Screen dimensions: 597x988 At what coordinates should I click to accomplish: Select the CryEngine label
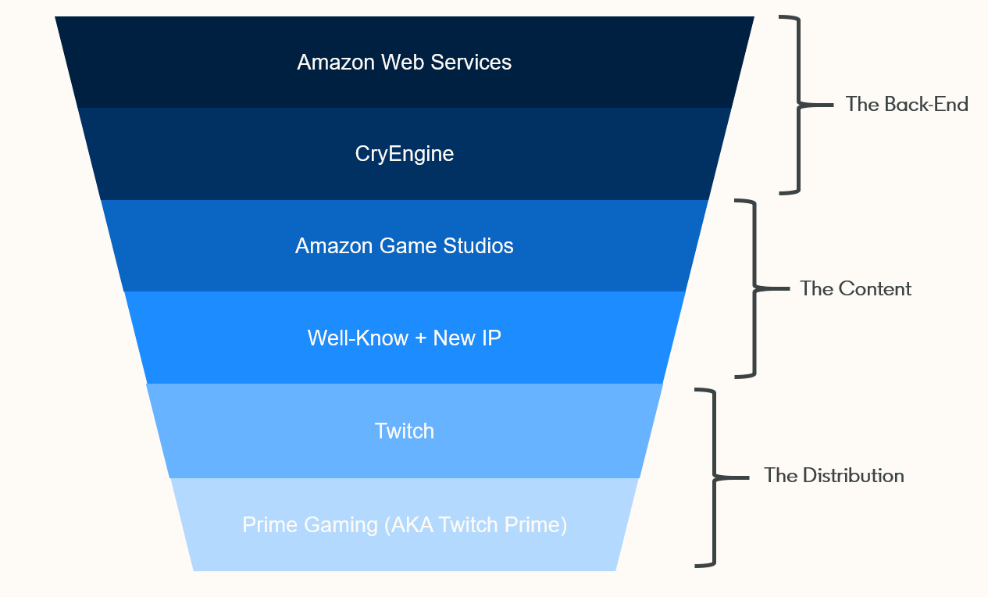coord(405,154)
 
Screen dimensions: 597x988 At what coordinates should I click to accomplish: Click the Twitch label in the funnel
coord(405,431)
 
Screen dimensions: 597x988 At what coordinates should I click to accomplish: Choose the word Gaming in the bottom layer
coord(341,525)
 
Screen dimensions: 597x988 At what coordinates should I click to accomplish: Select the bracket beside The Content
coord(754,288)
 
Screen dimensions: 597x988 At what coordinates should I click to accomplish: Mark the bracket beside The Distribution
coord(712,476)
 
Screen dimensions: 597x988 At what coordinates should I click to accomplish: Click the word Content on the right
coord(874,289)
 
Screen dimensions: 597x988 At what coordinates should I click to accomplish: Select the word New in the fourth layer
coord(453,338)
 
